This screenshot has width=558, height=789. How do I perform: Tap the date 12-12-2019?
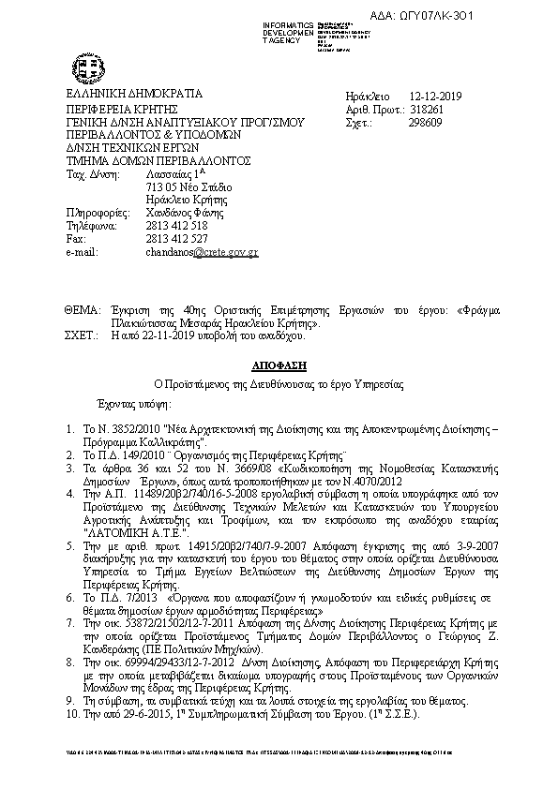pos(436,97)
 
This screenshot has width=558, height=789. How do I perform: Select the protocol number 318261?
pos(427,110)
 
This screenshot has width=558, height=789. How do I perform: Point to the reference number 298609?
pos(427,123)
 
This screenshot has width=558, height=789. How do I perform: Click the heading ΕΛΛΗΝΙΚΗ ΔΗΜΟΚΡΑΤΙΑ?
pos(120,96)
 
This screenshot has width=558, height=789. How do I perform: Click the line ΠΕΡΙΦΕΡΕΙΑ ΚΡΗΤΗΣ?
pos(116,110)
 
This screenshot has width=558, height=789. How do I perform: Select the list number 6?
pos(71,622)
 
